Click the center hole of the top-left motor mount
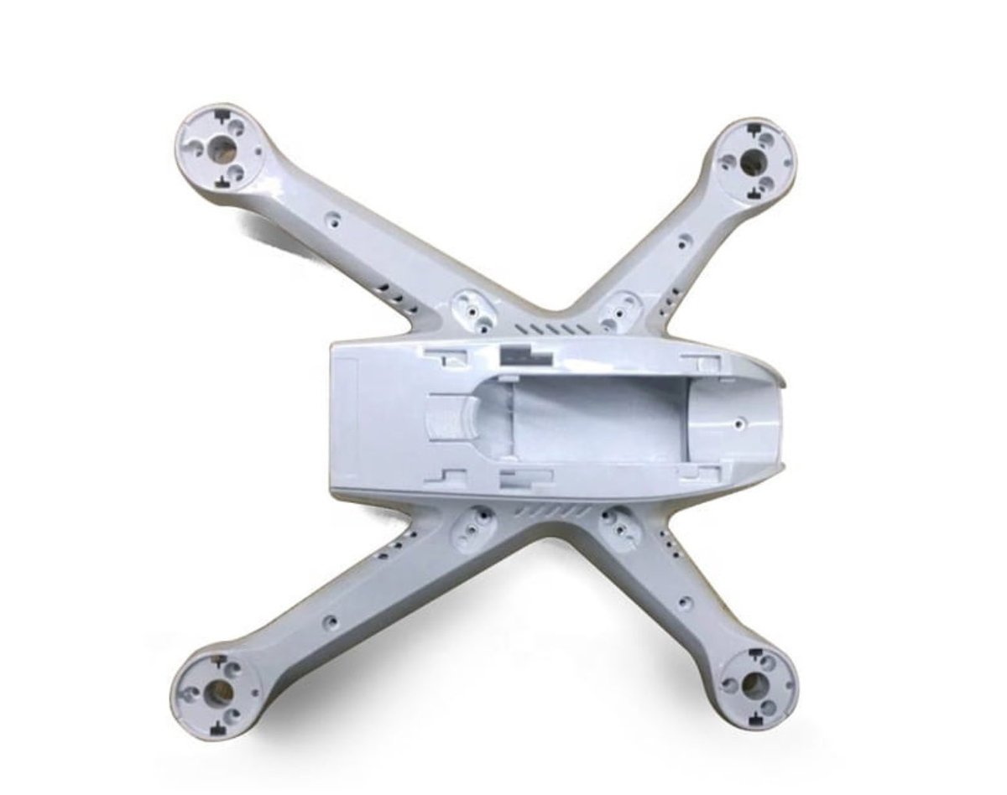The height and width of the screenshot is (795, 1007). point(222,149)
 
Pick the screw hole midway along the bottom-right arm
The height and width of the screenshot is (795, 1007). point(688,603)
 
